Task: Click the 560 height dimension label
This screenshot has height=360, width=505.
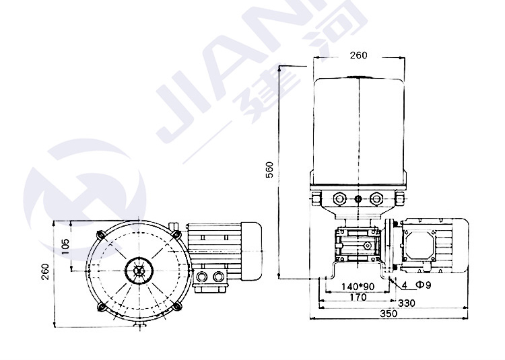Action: coord(269,170)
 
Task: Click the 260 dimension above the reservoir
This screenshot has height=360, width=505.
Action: coord(358,55)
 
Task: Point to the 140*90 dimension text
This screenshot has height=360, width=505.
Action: coord(358,287)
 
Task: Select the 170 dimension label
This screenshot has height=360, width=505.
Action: coord(358,297)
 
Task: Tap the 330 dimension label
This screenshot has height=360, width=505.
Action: coord(407,303)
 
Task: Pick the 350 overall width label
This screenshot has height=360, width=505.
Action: coord(389,314)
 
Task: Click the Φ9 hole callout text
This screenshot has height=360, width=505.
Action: coord(424,285)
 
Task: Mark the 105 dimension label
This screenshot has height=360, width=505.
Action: coord(65,246)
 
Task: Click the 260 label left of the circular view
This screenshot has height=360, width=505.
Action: coord(45,272)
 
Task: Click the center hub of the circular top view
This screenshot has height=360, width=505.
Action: coord(139,271)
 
